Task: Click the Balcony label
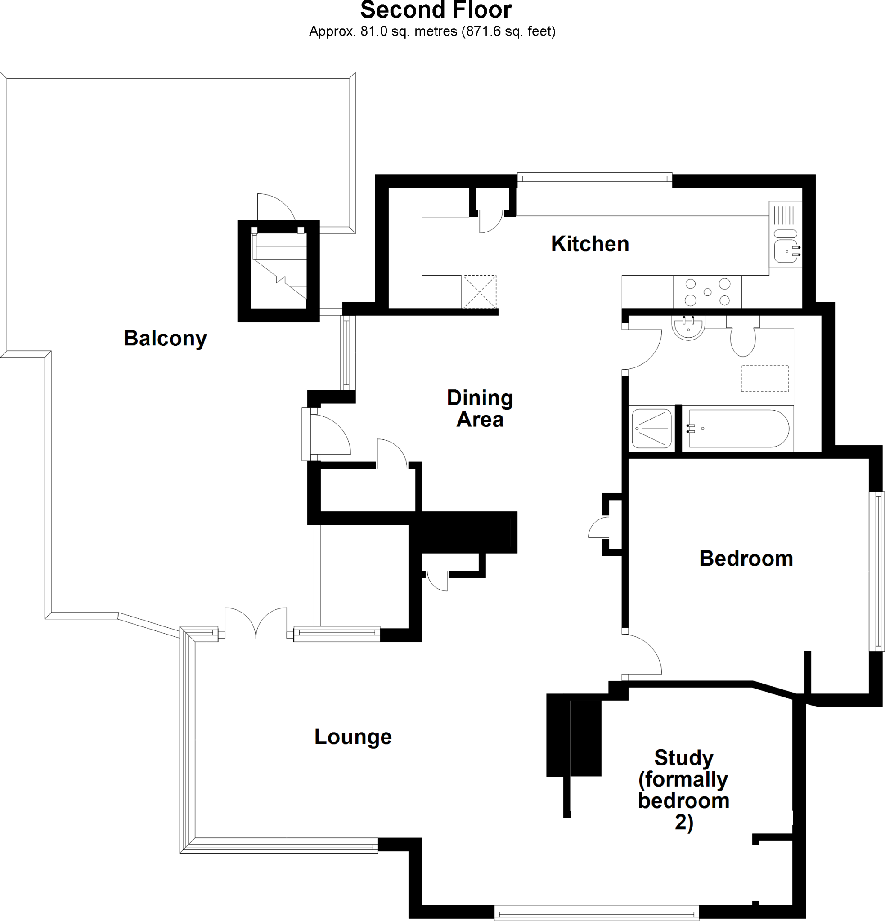(x=165, y=338)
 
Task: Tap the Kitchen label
(x=590, y=244)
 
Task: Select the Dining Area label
(x=480, y=408)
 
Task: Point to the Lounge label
(x=353, y=736)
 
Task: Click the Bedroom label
(x=746, y=559)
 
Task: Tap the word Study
(x=684, y=757)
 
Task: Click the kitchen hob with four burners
(x=707, y=292)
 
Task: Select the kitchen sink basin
(x=786, y=251)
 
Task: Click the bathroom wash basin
(x=688, y=327)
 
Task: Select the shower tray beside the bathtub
(x=652, y=429)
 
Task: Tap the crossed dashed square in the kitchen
(x=479, y=292)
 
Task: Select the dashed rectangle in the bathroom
(x=765, y=378)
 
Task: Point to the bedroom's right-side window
(x=876, y=571)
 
